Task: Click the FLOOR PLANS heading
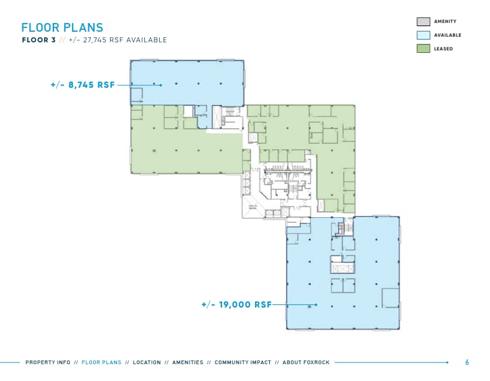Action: tap(62, 27)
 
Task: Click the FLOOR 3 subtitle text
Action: tap(38, 40)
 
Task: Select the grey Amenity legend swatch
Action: tap(423, 22)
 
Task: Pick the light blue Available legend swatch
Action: tap(423, 35)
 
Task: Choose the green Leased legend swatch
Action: tap(423, 49)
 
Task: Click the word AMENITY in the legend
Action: tap(445, 22)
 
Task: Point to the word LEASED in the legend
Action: tap(443, 49)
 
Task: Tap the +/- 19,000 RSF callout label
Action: tap(236, 305)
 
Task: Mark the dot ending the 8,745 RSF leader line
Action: tap(161, 85)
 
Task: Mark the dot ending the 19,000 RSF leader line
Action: tap(316, 305)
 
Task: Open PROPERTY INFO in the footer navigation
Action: tap(48, 362)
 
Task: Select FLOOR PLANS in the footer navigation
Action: tap(102, 362)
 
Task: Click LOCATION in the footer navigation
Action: tap(147, 362)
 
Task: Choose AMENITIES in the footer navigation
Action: tap(187, 362)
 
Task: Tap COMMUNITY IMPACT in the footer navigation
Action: tap(243, 362)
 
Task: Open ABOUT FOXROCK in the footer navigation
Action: tap(306, 362)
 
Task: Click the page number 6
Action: tap(467, 362)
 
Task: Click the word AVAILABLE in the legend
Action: tap(448, 35)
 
